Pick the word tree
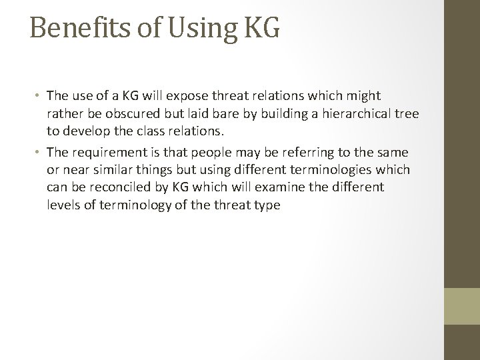407,113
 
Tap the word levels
64,205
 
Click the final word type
267,206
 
